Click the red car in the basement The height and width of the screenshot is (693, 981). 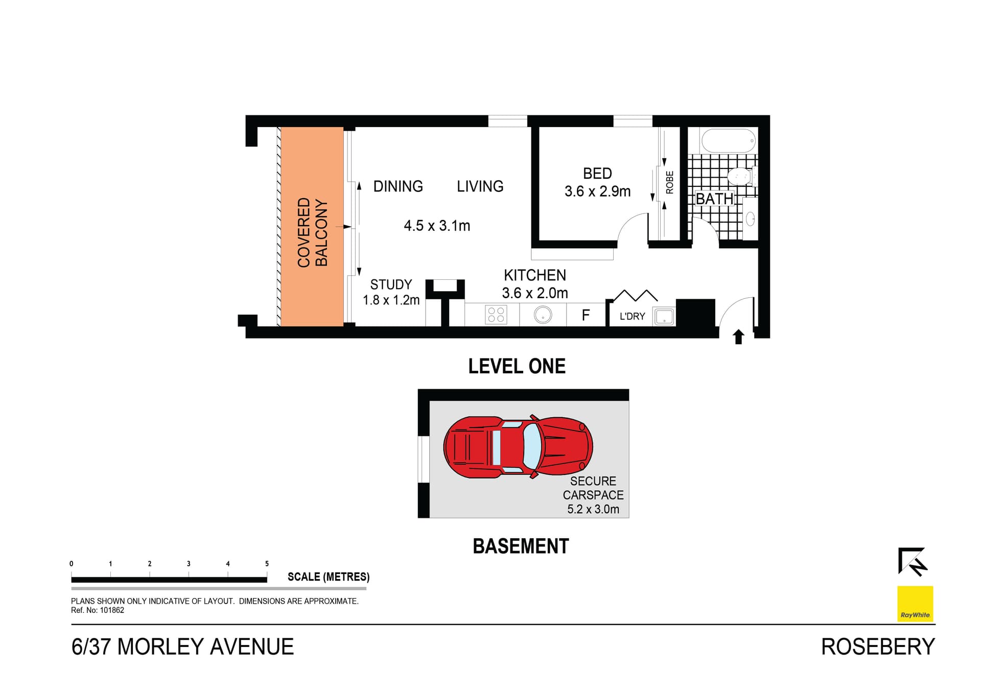(518, 447)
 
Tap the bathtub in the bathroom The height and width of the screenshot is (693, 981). (728, 140)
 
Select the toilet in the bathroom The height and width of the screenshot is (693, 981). (739, 177)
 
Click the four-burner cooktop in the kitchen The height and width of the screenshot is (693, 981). (496, 315)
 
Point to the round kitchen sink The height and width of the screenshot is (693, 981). (543, 315)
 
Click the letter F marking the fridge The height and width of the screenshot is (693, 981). (586, 315)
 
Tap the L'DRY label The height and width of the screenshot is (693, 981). (632, 316)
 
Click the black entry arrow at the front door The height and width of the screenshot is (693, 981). (738, 337)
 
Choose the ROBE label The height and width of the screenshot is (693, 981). (669, 182)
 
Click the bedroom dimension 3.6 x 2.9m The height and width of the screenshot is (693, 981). (597, 192)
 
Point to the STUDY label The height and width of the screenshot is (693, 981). (391, 284)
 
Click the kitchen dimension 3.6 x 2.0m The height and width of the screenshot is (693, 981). (534, 293)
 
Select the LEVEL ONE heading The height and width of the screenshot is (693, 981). (517, 366)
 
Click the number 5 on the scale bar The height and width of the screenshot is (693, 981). (267, 564)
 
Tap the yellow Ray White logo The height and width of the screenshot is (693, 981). (915, 604)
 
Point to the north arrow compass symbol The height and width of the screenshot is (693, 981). (913, 561)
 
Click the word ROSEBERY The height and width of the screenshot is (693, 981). (878, 647)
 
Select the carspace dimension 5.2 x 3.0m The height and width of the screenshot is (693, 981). (593, 509)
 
